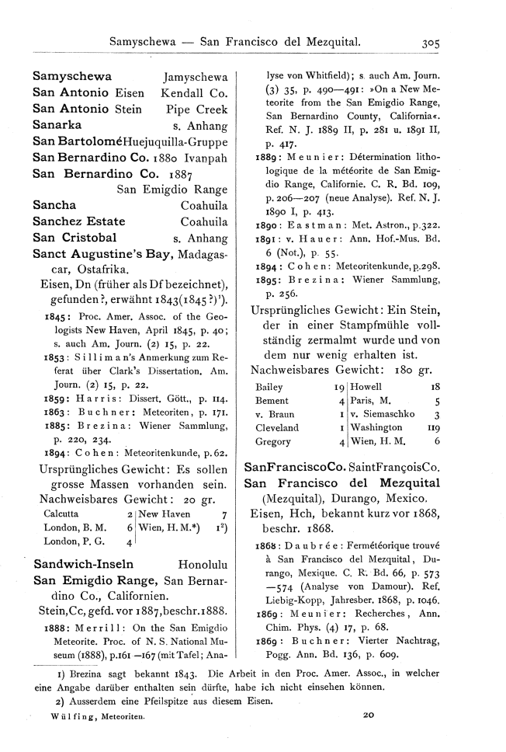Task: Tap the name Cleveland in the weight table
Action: point(277,427)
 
